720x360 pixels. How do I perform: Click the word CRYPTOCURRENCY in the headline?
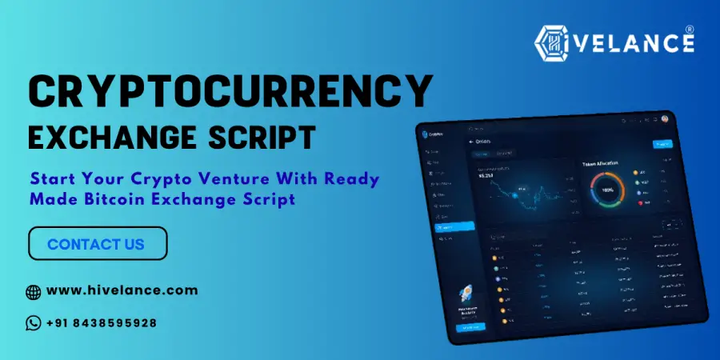(230, 94)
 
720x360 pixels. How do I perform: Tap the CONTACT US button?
(98, 243)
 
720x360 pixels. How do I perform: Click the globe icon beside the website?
(34, 291)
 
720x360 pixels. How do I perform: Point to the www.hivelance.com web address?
(122, 290)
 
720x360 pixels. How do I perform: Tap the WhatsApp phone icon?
(34, 323)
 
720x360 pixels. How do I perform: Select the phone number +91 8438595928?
(102, 323)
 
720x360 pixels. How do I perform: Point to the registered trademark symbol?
(689, 30)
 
